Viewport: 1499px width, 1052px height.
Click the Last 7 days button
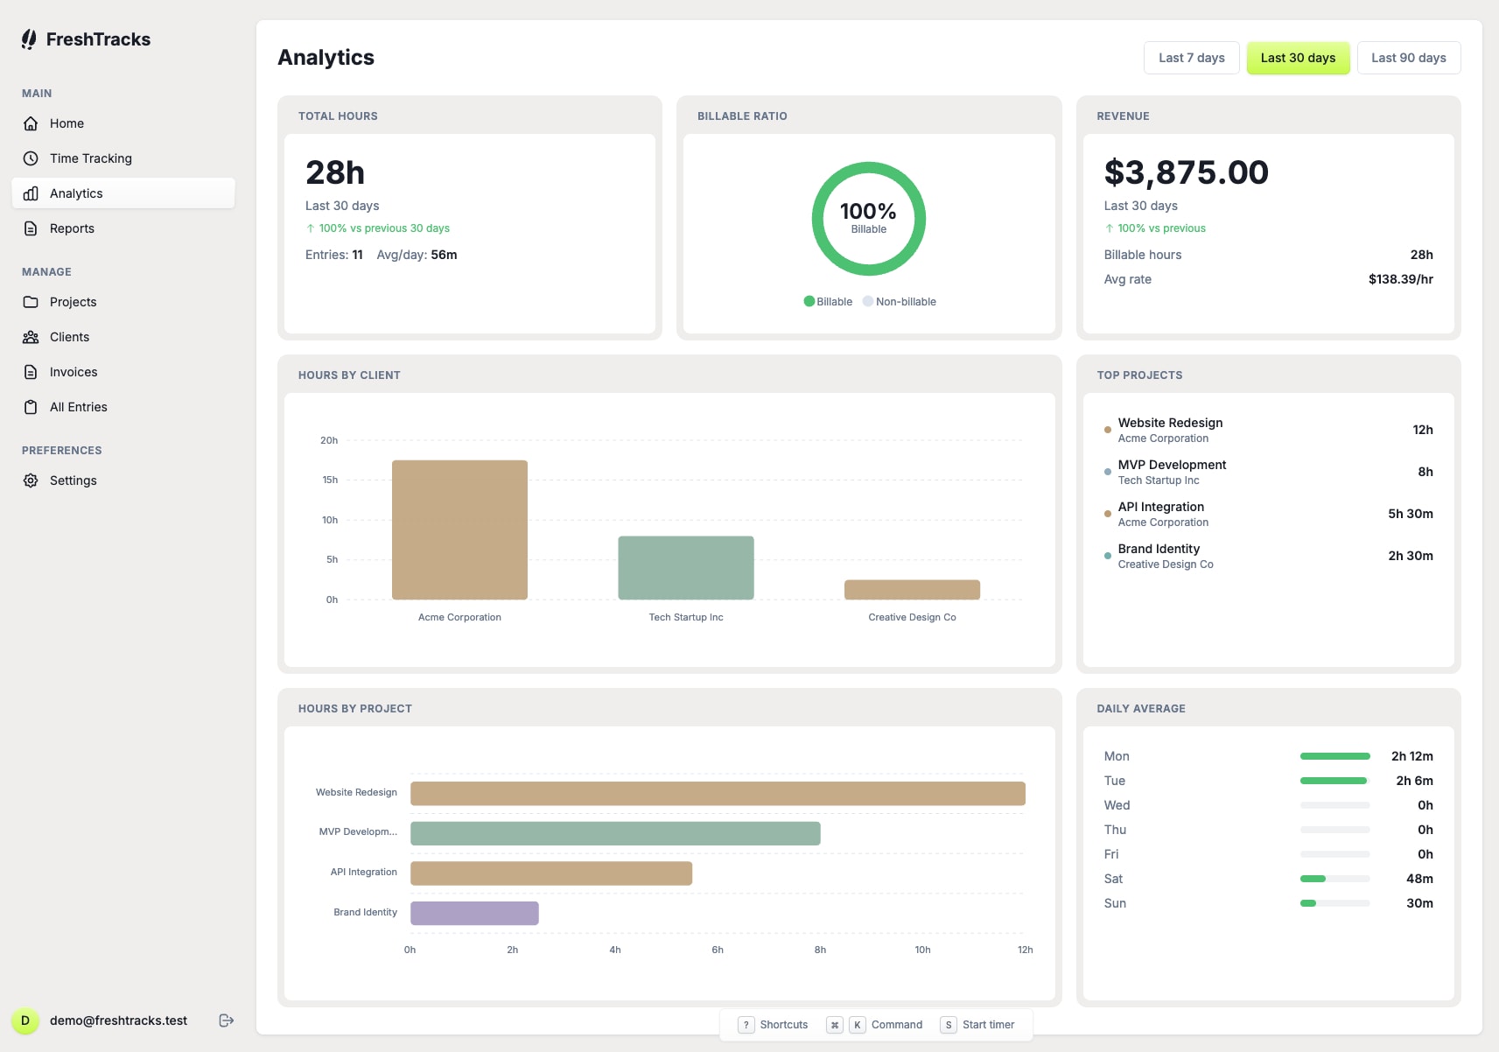click(1191, 58)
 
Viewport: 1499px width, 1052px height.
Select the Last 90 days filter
click(1408, 58)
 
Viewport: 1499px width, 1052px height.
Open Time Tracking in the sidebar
click(91, 158)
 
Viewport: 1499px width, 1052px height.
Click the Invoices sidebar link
click(74, 372)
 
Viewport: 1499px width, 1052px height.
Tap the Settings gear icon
click(31, 480)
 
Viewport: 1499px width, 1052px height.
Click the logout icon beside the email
click(227, 1020)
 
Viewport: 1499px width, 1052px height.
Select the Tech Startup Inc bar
click(686, 568)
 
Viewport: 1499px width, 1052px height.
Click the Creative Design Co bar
click(912, 590)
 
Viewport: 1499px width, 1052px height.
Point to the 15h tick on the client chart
click(330, 480)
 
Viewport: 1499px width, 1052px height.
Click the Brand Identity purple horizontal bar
click(474, 913)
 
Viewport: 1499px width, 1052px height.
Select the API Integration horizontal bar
click(551, 873)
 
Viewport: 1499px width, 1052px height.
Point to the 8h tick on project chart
click(820, 950)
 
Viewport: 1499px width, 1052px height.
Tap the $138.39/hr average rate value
click(1400, 279)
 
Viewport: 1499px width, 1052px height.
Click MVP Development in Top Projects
click(1172, 465)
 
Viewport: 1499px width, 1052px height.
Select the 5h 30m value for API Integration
click(1410, 514)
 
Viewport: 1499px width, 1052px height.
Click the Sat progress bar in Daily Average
click(1334, 879)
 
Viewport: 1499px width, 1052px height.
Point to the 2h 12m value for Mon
click(1411, 756)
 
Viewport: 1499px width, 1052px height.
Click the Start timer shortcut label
click(988, 1025)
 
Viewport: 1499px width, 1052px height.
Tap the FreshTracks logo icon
click(29, 39)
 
